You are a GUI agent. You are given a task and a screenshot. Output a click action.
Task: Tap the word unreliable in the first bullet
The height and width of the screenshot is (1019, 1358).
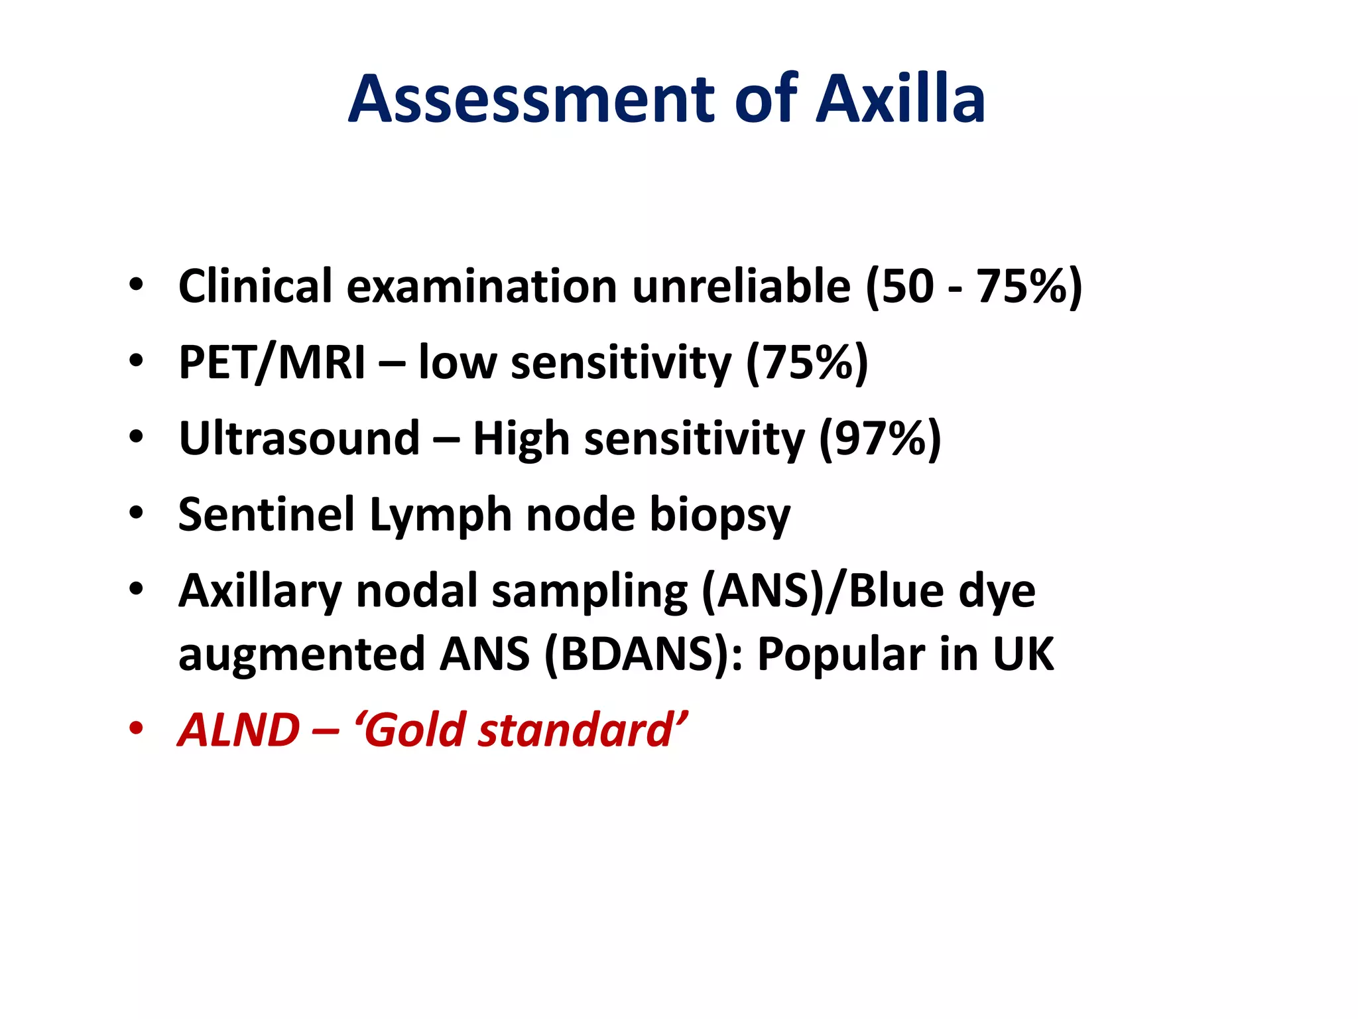(741, 287)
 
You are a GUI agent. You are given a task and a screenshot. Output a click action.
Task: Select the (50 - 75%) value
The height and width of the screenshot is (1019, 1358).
(973, 287)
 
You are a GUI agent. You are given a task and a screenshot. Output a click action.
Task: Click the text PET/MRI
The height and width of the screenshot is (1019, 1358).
(272, 363)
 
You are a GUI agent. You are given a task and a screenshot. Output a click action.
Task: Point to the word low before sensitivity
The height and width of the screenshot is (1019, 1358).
(457, 363)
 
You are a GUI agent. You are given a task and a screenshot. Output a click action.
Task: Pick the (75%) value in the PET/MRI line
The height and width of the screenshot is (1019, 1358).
(806, 363)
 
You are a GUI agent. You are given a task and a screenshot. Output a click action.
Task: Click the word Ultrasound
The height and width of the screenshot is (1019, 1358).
(300, 439)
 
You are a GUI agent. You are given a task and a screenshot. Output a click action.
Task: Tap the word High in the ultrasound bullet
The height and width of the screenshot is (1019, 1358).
(521, 439)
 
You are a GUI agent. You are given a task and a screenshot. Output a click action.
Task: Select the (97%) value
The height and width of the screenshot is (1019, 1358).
(880, 439)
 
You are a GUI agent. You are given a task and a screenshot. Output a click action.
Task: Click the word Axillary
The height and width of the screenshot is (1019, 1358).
(260, 591)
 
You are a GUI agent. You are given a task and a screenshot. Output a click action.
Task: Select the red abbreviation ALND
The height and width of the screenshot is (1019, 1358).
(239, 730)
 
